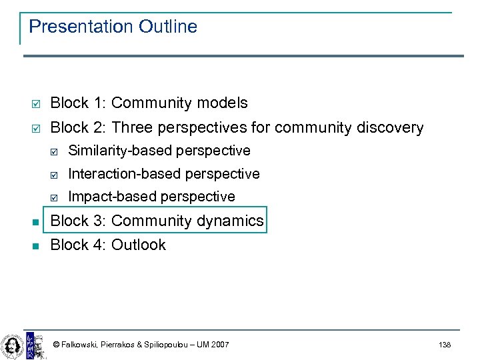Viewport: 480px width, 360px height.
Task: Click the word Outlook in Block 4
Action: pyautogui.click(x=139, y=245)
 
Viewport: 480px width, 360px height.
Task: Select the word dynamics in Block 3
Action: pyautogui.click(x=233, y=221)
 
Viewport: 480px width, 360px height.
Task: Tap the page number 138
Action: pyautogui.click(x=445, y=345)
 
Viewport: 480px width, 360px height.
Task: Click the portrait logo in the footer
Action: pyautogui.click(x=12, y=344)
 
